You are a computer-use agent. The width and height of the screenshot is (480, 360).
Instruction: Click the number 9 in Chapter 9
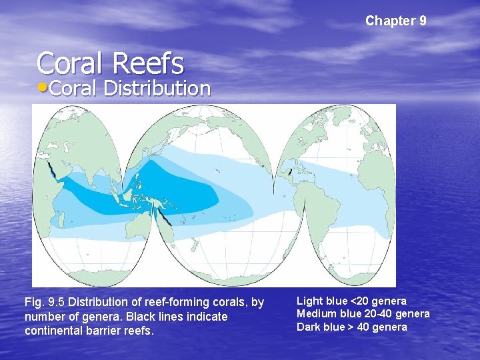click(x=423, y=21)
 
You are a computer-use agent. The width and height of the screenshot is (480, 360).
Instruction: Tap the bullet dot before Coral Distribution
click(x=43, y=89)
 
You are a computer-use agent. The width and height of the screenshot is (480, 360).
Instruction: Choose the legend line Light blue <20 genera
click(x=351, y=301)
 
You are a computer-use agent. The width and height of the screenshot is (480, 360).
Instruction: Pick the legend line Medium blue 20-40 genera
click(x=363, y=314)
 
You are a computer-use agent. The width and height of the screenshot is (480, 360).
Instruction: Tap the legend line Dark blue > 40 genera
click(x=351, y=327)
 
